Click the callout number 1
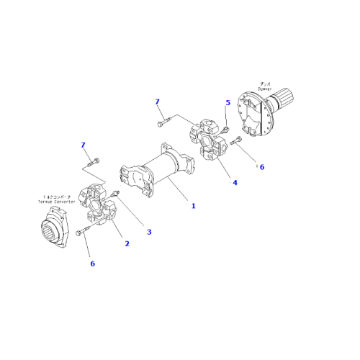[193, 206]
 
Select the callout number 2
[127, 243]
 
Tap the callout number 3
[149, 232]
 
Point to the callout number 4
[233, 183]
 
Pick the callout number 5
[228, 103]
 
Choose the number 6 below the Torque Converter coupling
[92, 264]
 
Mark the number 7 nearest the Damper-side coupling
[157, 102]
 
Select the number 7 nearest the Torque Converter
[84, 147]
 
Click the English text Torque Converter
[54, 202]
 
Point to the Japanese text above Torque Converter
[54, 197]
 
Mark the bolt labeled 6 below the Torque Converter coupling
[82, 231]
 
